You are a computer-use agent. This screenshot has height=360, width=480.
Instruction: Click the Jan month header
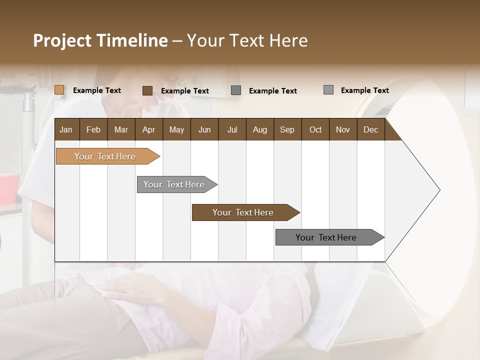66,129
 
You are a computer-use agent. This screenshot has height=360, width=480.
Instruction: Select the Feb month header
93,129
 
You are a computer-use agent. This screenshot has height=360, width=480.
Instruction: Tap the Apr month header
148,129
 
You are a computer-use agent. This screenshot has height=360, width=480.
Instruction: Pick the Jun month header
204,129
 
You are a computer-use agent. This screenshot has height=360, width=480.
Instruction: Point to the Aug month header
259,129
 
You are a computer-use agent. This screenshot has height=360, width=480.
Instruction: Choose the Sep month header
287,129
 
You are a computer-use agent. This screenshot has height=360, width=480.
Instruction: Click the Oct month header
315,129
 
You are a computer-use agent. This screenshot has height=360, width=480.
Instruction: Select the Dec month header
370,129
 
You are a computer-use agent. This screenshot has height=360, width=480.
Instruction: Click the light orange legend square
59,90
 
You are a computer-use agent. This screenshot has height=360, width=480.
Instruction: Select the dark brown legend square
147,90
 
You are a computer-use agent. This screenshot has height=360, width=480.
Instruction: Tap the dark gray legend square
236,90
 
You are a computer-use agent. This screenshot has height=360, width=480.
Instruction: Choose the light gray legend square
328,90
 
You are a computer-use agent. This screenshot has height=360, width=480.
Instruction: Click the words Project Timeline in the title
100,40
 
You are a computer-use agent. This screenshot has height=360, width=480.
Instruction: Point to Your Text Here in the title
247,40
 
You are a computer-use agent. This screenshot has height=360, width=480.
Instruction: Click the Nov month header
342,129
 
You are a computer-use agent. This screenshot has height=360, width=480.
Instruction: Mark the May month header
176,129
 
